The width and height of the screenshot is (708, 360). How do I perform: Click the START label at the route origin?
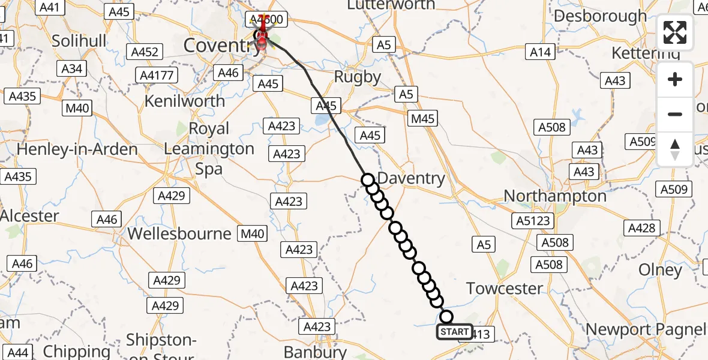tap(454, 331)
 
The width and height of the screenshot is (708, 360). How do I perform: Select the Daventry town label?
tap(412, 178)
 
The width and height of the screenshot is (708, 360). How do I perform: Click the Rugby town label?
tap(357, 77)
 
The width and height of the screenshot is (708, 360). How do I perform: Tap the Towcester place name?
tap(505, 288)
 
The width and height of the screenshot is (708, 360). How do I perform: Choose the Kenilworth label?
tap(184, 101)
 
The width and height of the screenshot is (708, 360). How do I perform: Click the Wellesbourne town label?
tap(179, 233)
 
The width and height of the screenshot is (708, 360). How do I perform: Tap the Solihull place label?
tap(79, 41)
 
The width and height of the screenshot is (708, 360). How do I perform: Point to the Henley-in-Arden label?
tap(77, 149)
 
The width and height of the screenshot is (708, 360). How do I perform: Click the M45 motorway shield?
tap(423, 119)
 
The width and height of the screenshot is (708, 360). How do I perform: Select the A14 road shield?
tap(540, 52)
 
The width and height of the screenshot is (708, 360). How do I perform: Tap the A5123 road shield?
tap(533, 221)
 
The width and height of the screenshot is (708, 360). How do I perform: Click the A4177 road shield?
tap(157, 76)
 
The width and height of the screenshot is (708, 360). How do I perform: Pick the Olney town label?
tap(661, 270)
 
